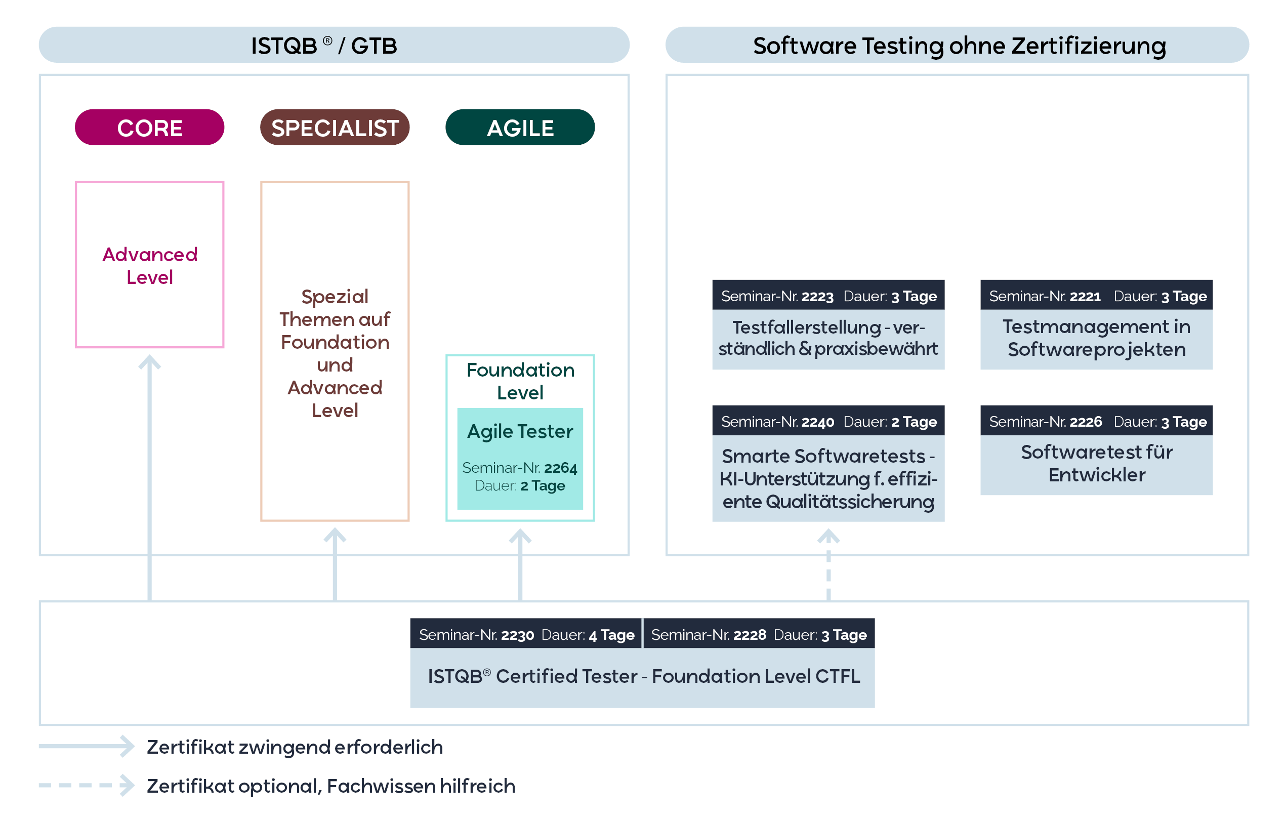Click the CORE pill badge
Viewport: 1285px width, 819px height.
149,128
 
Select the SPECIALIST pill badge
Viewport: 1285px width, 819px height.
335,128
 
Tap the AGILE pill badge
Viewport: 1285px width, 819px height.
520,128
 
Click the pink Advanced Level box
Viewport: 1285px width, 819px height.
149,265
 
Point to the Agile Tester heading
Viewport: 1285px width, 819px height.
520,431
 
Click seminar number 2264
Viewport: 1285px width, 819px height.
560,468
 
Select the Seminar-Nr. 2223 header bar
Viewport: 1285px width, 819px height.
828,296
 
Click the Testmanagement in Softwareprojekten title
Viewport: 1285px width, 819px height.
1096,338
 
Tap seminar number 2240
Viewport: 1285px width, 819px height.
817,422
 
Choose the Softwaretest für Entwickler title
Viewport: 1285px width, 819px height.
1096,464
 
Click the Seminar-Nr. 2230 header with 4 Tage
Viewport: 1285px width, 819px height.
526,634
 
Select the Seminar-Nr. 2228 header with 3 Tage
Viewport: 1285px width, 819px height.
758,634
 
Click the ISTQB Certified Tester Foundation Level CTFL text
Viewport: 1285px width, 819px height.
643,677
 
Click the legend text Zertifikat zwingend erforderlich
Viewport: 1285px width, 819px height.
295,747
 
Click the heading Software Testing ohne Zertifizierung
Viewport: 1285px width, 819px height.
959,46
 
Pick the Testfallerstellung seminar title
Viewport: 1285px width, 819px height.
828,338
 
